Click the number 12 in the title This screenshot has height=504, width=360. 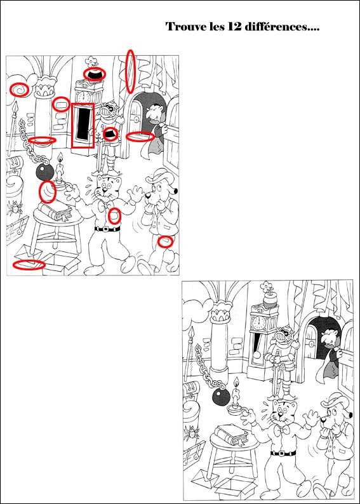(236, 27)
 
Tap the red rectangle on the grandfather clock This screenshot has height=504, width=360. (83, 125)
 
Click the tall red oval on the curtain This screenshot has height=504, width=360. (130, 71)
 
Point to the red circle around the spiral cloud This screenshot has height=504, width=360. (19, 90)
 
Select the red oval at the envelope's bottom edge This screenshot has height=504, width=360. (29, 265)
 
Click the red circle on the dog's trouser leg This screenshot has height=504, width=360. (165, 241)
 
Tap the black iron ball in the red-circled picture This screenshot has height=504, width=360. (44, 172)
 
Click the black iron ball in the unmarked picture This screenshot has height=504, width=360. (222, 397)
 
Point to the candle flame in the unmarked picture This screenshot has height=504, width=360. (237, 382)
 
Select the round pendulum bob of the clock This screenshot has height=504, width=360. (257, 355)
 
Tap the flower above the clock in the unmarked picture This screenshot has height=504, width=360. (267, 286)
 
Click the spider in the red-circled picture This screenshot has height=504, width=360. (15, 208)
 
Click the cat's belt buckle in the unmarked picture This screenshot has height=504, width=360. (283, 453)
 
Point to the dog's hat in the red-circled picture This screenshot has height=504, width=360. (161, 175)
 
